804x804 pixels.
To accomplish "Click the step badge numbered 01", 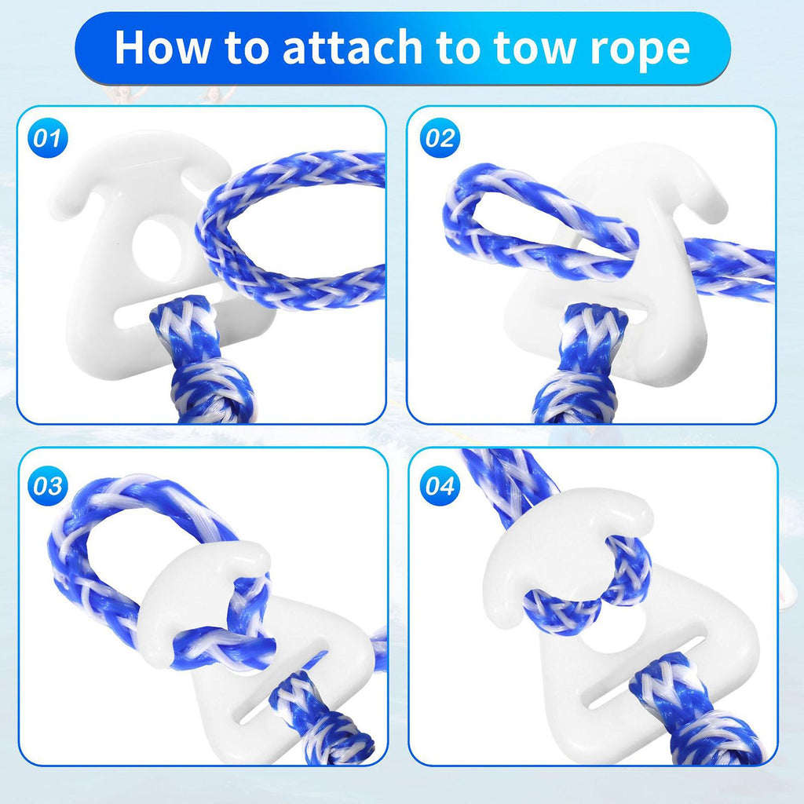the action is (48, 138).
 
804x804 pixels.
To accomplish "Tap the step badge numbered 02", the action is (440, 138).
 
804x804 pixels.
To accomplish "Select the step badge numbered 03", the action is (48, 485).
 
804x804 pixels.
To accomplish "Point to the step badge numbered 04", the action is (440, 485).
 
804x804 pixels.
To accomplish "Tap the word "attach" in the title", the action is (353, 47).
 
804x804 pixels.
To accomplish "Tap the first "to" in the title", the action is (247, 49).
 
